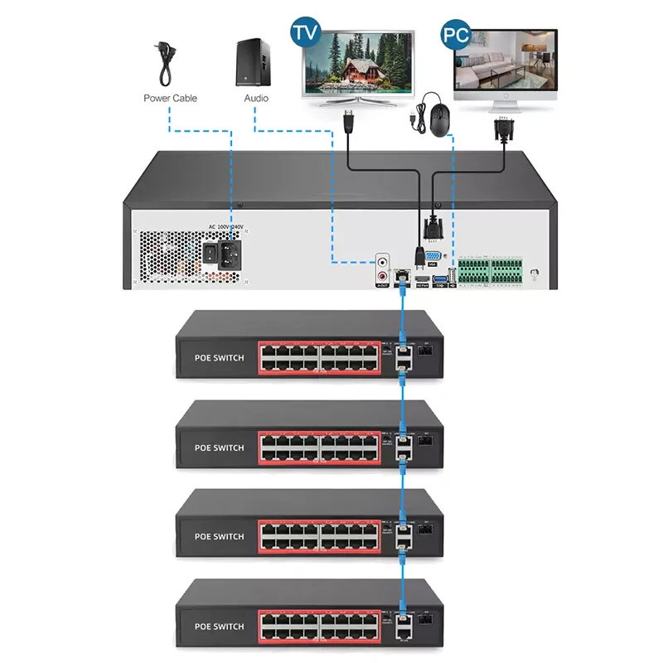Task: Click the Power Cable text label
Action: pyautogui.click(x=170, y=98)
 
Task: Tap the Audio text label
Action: pyautogui.click(x=256, y=98)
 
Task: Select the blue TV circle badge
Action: pyautogui.click(x=305, y=34)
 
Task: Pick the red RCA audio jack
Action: pyautogui.click(x=383, y=273)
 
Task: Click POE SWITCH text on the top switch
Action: pyautogui.click(x=219, y=358)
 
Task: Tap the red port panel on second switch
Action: pyautogui.click(x=319, y=447)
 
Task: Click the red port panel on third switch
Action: pyautogui.click(x=319, y=535)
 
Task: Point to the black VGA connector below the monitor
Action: pyautogui.click(x=501, y=132)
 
